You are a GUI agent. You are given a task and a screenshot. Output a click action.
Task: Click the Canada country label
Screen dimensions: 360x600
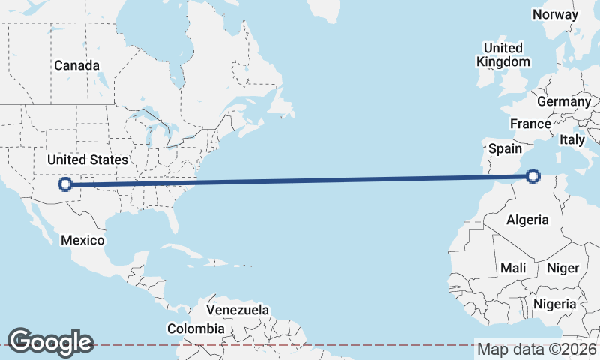[76, 65]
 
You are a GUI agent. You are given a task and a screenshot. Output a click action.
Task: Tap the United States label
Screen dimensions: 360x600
[87, 160]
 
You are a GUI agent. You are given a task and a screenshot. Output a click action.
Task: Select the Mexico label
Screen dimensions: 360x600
[82, 240]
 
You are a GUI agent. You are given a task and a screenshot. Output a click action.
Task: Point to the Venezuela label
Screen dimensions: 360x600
[238, 310]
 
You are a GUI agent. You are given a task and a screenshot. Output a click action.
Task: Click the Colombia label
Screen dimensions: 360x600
[196, 328]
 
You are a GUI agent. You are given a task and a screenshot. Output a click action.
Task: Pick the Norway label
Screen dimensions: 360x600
[556, 14]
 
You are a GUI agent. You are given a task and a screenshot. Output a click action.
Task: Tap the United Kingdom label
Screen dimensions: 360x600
[502, 55]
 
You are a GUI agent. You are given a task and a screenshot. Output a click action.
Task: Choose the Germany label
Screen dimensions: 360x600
[564, 101]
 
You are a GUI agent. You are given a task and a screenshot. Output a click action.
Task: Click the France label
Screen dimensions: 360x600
[530, 124]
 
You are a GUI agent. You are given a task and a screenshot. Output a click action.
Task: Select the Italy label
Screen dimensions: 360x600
[572, 139]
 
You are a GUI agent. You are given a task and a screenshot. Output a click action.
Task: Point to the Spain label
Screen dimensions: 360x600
[505, 148]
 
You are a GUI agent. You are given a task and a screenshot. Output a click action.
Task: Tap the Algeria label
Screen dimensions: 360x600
[528, 220]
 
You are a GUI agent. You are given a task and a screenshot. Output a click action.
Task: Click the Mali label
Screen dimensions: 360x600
[513, 268]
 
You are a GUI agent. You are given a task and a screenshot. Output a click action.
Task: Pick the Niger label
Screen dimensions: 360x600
[562, 268]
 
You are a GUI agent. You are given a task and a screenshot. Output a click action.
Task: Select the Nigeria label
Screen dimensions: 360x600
[554, 304]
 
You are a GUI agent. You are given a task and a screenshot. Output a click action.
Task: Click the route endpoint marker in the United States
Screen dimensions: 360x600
[65, 184]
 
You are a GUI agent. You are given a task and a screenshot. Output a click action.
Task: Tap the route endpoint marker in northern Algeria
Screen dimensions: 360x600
[533, 176]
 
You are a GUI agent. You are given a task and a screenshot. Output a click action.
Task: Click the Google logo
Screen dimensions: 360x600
[50, 342]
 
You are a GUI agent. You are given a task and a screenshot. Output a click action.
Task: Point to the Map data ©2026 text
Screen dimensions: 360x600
[537, 349]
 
